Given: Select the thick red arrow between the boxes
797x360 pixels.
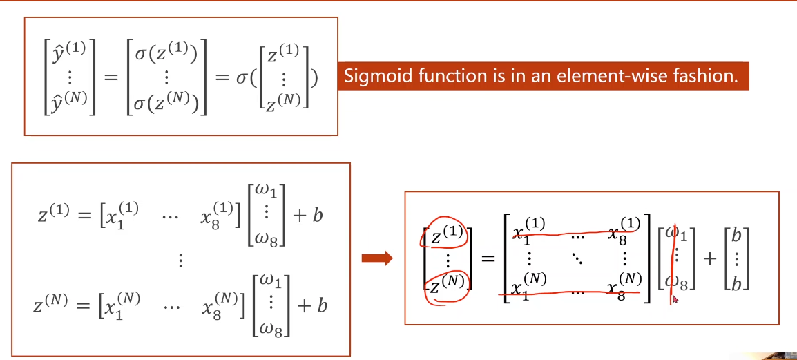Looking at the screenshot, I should [x=377, y=259].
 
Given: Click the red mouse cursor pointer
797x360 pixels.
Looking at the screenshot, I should [x=675, y=299].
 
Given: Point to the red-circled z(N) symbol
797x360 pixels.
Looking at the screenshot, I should [x=445, y=284].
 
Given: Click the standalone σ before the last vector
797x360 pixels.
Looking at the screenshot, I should [x=242, y=77].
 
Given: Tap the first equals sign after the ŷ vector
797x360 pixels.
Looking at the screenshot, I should [x=111, y=77].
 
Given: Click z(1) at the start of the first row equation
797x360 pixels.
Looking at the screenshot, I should [x=52, y=216].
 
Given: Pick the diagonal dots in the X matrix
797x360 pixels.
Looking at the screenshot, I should [x=575, y=258].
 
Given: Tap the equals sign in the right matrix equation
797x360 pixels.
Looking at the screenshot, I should [x=488, y=259].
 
